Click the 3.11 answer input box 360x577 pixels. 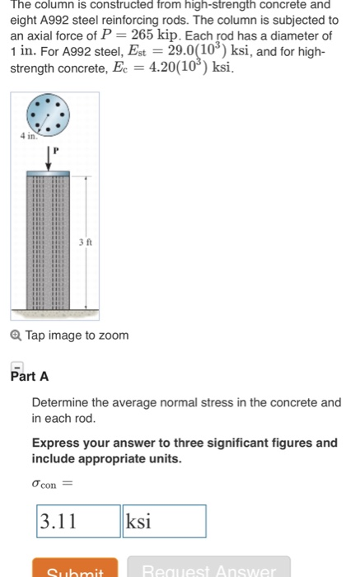(78, 522)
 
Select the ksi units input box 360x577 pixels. (164, 522)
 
